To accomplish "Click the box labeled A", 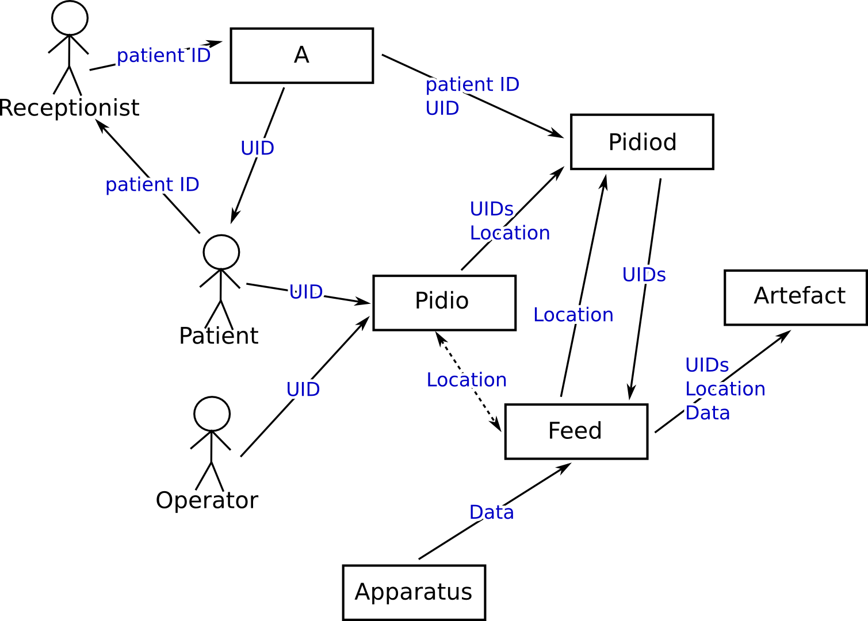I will click(302, 56).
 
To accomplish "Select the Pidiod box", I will click(642, 142).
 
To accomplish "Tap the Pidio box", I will click(444, 303).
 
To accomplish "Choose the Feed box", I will click(576, 431).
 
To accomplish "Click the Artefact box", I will click(796, 298).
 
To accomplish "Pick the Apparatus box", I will click(414, 592).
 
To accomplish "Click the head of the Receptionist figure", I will click(70, 18).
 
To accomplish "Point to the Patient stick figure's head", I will click(221, 252).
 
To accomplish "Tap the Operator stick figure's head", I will click(212, 414).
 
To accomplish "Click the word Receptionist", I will click(70, 108).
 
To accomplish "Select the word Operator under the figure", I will click(207, 500).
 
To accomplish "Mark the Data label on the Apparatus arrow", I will click(491, 512).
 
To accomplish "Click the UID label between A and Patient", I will click(257, 148).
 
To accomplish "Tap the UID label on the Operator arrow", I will click(303, 389).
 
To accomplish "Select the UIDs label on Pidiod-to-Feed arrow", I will click(644, 275).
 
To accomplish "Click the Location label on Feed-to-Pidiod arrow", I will click(573, 315).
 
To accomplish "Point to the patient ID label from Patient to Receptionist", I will click(152, 185).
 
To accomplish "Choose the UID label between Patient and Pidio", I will click(306, 292).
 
